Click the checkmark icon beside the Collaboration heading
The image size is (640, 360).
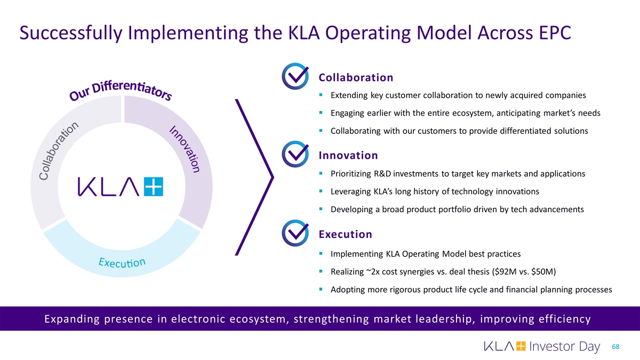(294, 77)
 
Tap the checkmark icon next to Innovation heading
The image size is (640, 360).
(294, 155)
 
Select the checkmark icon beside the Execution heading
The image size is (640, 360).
(294, 234)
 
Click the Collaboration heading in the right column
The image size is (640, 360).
(356, 77)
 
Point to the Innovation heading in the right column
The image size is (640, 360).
(348, 155)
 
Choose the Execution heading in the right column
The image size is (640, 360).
(345, 234)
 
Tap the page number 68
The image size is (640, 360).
(617, 347)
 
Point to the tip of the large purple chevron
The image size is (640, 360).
(273, 177)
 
